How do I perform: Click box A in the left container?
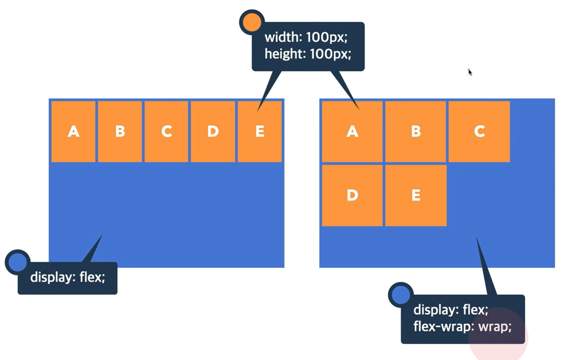pyautogui.click(x=73, y=132)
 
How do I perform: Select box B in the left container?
pyautogui.click(x=120, y=132)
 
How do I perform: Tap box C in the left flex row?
pyautogui.click(x=166, y=132)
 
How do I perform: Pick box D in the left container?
pyautogui.click(x=213, y=132)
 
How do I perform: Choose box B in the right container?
pyautogui.click(x=416, y=132)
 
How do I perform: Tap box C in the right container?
pyautogui.click(x=479, y=132)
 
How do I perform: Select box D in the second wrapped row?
pyautogui.click(x=352, y=195)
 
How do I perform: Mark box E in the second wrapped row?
pyautogui.click(x=416, y=195)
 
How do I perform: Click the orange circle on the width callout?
pyautogui.click(x=252, y=22)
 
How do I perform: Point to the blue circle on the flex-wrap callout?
pyautogui.click(x=401, y=295)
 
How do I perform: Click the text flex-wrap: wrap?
pyautogui.click(x=462, y=326)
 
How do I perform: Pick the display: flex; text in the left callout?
pyautogui.click(x=68, y=277)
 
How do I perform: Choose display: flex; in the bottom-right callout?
pyautogui.click(x=450, y=310)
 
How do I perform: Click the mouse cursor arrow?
pyautogui.click(x=470, y=72)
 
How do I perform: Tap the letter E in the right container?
pyautogui.click(x=416, y=195)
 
